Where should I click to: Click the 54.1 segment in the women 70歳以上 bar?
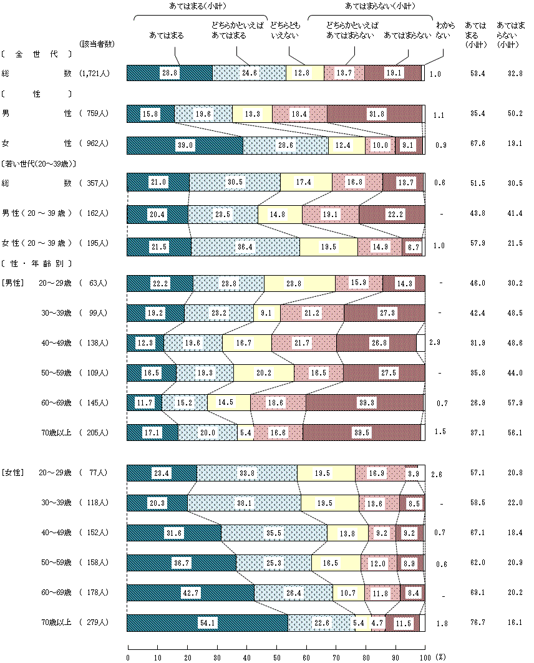(x=207, y=622)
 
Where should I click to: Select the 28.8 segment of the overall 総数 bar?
(x=169, y=73)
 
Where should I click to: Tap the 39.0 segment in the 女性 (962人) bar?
(x=185, y=145)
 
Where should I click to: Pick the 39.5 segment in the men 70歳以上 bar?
(x=362, y=432)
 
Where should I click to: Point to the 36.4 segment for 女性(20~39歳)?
(x=245, y=247)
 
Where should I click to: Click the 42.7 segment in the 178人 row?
(x=190, y=593)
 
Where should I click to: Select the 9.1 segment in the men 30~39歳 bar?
(x=267, y=312)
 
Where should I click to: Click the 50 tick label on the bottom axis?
(x=276, y=657)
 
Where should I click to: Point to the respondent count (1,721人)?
(x=95, y=74)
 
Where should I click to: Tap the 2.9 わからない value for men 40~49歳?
(x=435, y=342)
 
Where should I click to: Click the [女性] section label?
(x=12, y=473)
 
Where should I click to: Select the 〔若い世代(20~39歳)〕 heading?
(x=39, y=164)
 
